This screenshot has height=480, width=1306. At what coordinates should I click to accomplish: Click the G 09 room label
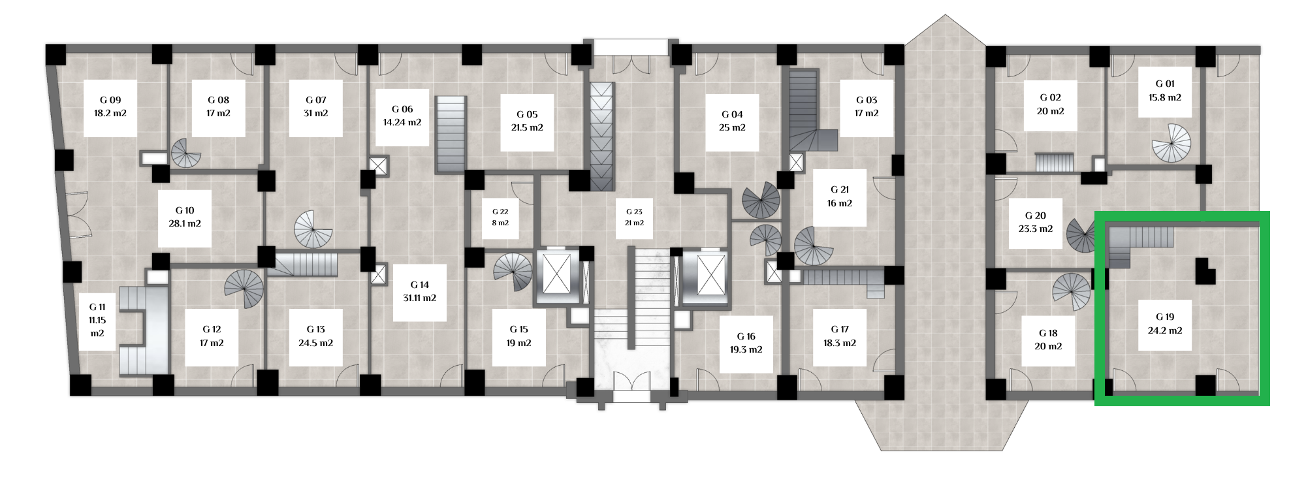[x=110, y=107]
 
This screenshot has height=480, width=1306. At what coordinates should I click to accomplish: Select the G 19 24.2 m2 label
[x=1165, y=324]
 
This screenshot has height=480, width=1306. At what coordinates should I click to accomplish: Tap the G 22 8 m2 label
[x=500, y=217]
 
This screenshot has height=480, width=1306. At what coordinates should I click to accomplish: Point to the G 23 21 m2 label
[x=634, y=217]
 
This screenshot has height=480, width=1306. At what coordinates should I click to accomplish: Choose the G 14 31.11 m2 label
[x=419, y=292]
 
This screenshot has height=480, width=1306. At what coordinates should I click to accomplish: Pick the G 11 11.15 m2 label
[x=97, y=320]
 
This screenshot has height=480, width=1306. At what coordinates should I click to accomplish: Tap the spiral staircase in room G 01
[x=1171, y=143]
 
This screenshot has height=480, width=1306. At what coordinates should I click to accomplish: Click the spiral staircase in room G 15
[x=513, y=272]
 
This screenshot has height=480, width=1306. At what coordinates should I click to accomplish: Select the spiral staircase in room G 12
[x=244, y=289]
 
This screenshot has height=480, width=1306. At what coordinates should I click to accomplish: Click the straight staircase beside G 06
[x=451, y=135]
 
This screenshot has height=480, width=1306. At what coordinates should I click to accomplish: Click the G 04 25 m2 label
[x=732, y=121]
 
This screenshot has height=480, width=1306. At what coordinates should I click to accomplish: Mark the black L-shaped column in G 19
[x=1204, y=270]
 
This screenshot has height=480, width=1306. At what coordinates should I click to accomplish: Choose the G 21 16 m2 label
[x=840, y=197]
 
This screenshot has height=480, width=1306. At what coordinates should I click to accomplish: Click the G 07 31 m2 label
[x=316, y=107]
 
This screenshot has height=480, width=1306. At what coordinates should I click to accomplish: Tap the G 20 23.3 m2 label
[x=1036, y=223]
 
